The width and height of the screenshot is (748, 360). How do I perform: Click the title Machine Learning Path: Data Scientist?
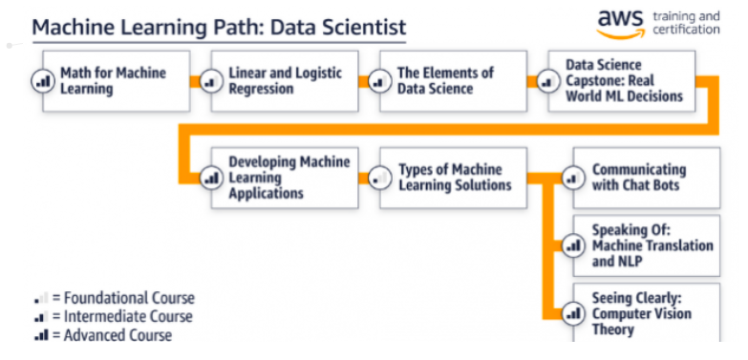[219, 27]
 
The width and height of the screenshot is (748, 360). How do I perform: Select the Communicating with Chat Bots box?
[646, 178]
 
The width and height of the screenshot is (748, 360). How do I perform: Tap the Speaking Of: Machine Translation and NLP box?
[646, 246]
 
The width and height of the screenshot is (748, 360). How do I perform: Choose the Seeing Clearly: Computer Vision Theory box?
[646, 313]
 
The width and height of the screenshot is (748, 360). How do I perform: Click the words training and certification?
[686, 23]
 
